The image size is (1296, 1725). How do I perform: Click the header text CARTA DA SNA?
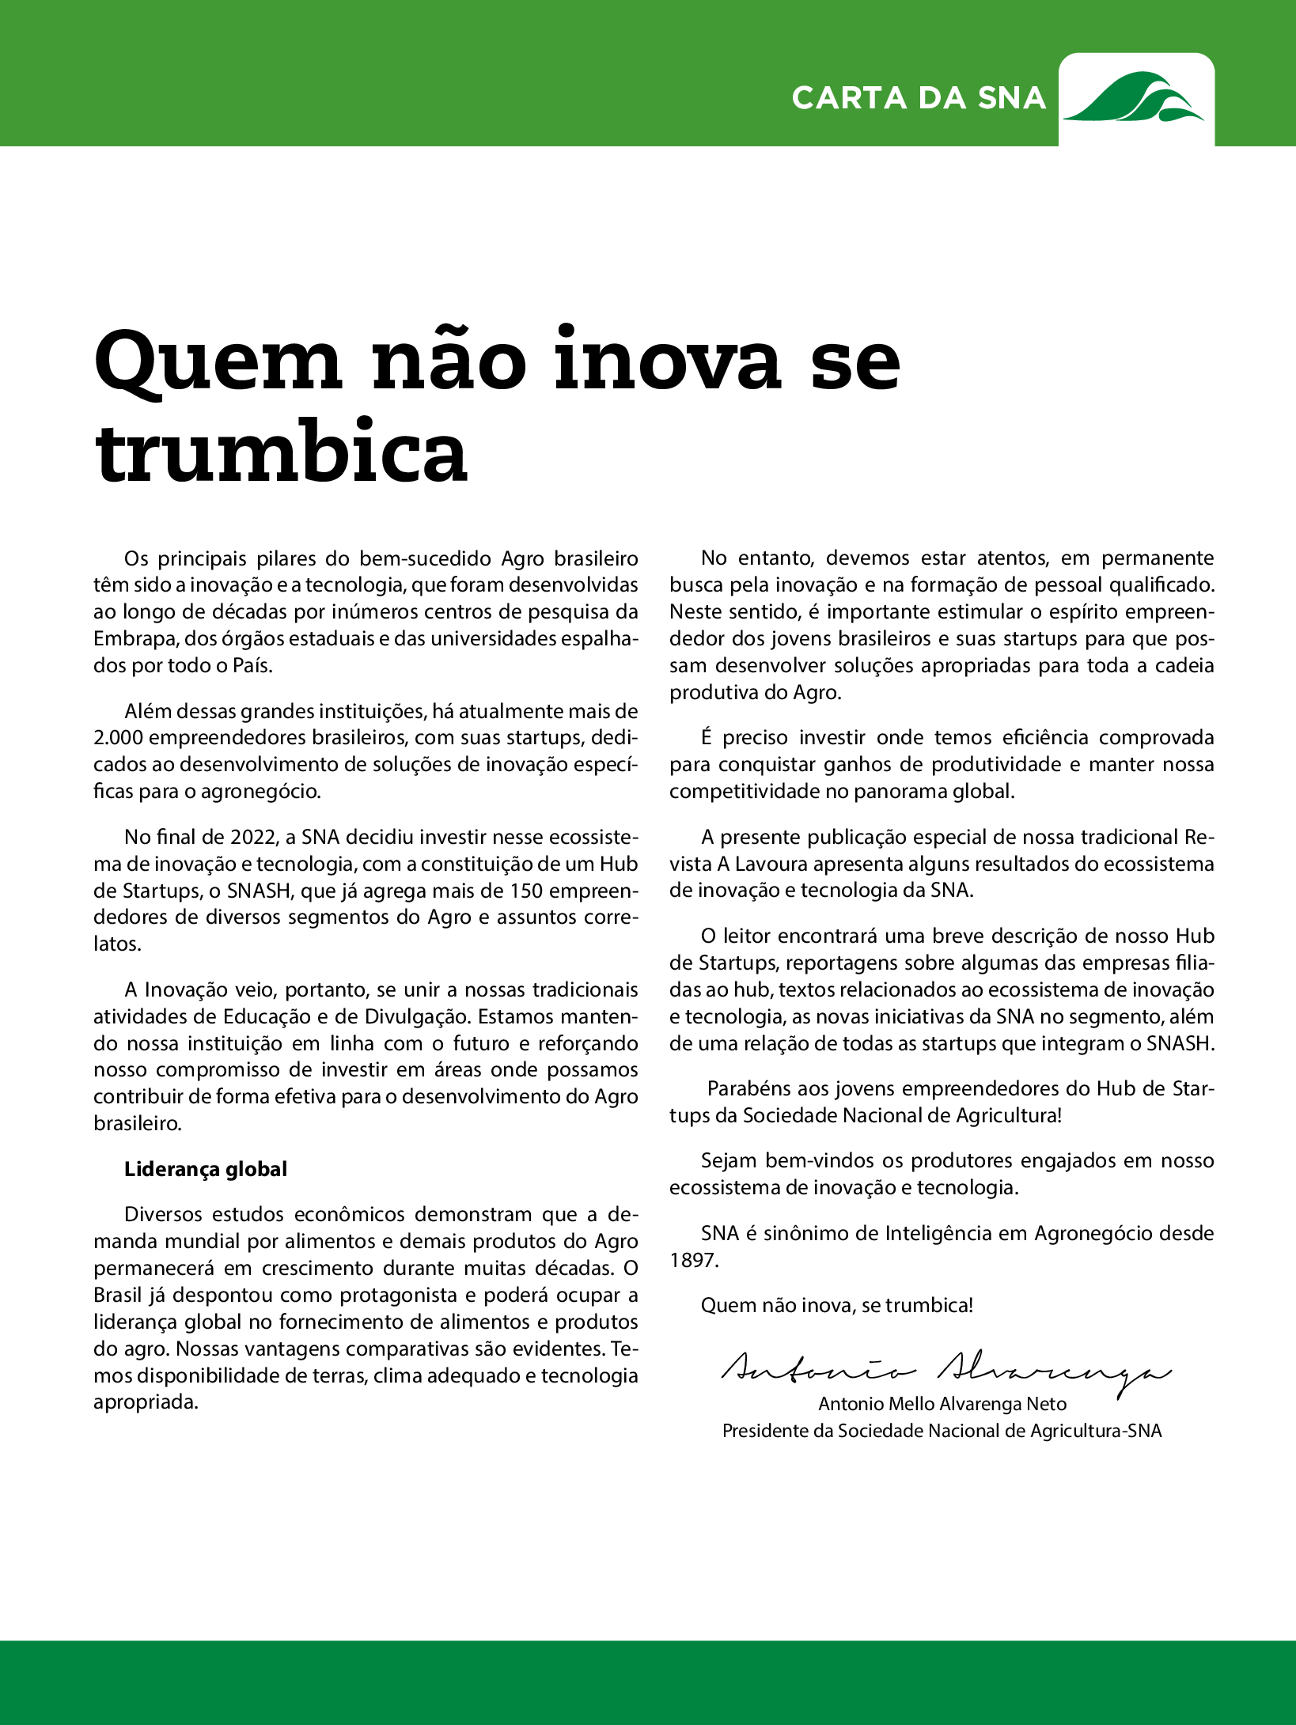919,98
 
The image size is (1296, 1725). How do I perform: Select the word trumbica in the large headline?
282,452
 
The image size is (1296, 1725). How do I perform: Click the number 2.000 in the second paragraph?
118,738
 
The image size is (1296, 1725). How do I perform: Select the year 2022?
252,837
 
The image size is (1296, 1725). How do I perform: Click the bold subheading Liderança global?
206,1169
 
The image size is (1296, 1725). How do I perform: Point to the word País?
252,665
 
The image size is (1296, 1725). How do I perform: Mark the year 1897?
692,1260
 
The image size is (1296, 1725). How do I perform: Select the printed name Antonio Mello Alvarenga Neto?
942,1404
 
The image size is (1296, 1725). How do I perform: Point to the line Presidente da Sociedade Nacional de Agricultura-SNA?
942,1431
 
